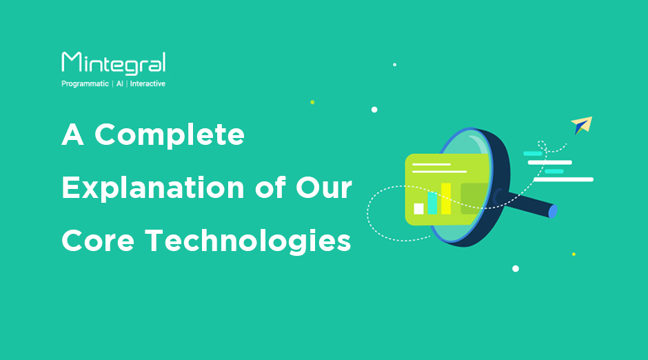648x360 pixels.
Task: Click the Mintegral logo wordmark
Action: tap(114, 63)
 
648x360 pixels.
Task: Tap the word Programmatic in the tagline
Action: tap(85, 83)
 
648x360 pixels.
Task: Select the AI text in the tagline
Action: tap(119, 83)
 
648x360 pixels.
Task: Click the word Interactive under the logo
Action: tap(148, 83)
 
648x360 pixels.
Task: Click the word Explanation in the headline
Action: tap(153, 188)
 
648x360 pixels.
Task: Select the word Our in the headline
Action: tap(323, 188)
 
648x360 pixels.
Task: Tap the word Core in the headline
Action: tap(98, 241)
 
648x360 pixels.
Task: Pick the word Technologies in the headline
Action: tap(248, 241)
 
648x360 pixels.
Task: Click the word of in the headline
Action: tap(270, 188)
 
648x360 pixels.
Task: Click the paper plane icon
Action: tap(582, 125)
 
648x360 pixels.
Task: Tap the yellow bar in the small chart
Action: tap(446, 199)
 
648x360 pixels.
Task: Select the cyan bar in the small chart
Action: tap(432, 203)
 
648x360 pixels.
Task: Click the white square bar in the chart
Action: tap(418, 209)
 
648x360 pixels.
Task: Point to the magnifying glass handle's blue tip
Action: tap(553, 211)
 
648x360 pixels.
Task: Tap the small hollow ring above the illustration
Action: tap(395, 64)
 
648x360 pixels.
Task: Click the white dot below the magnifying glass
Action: tap(516, 269)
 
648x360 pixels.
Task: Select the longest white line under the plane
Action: tap(563, 179)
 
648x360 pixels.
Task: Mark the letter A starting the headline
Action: tap(73, 134)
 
